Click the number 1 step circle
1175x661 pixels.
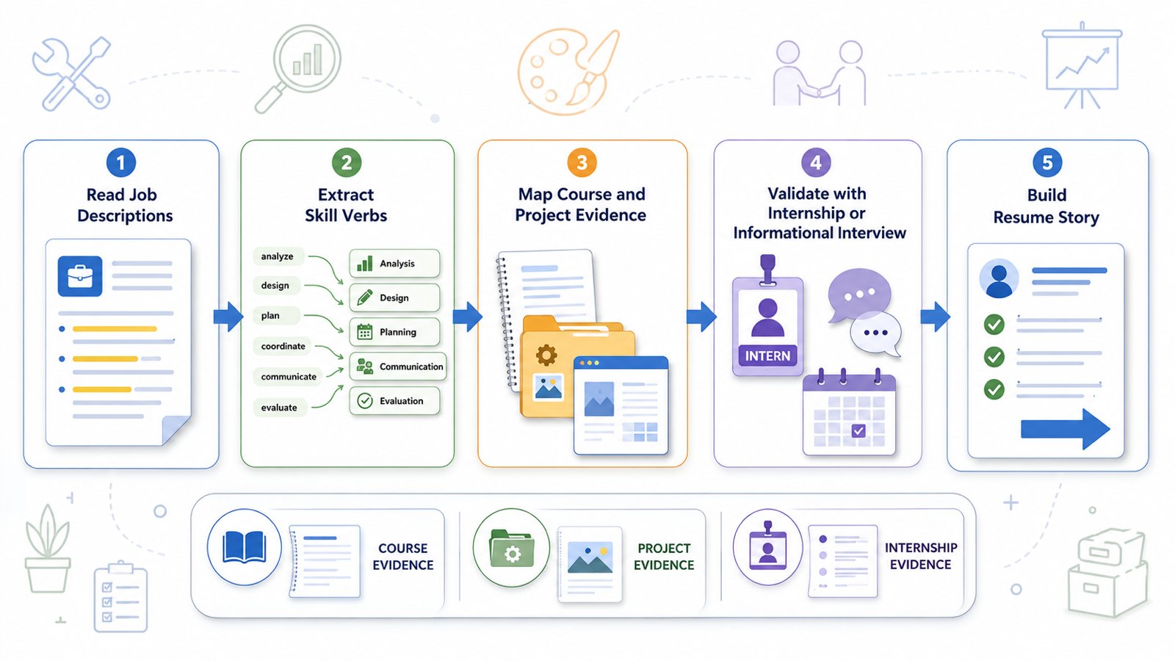click(121, 162)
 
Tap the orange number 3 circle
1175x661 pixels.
click(582, 162)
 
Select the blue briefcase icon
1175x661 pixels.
click(80, 276)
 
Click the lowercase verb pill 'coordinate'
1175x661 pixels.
click(283, 346)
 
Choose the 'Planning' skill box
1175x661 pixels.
click(394, 331)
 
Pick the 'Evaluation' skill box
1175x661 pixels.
click(394, 401)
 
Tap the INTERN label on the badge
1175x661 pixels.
click(767, 355)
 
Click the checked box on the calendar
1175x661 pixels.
click(858, 430)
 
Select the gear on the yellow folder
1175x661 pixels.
click(546, 355)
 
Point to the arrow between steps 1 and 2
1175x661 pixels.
click(228, 317)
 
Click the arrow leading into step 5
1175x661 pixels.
click(936, 317)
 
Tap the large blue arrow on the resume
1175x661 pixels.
click(1066, 429)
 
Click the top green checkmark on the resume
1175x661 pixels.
click(994, 324)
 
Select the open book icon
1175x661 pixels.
click(244, 547)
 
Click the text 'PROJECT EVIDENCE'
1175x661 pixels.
click(664, 557)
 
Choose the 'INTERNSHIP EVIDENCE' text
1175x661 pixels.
click(921, 556)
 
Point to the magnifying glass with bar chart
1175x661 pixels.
click(298, 69)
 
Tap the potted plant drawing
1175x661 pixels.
click(48, 548)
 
